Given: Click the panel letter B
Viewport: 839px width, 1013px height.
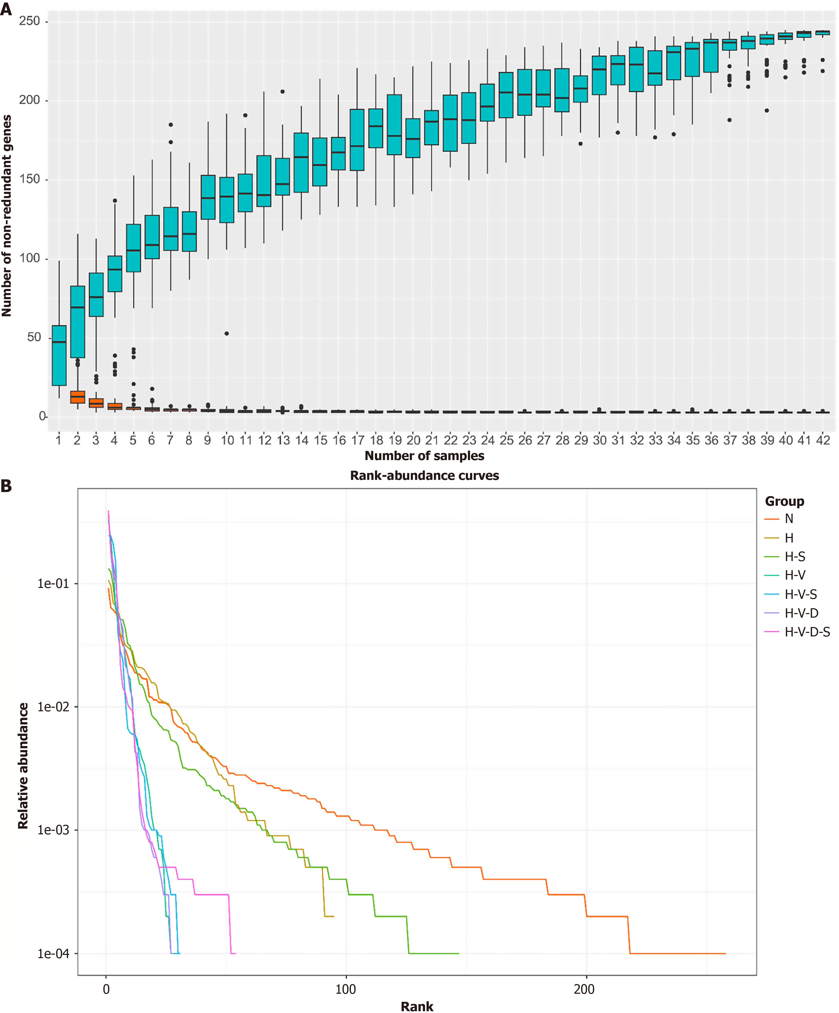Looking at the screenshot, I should tap(6, 486).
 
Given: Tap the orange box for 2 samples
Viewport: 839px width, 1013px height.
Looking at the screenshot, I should tap(78, 397).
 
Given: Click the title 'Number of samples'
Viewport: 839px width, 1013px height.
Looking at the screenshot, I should tap(424, 456).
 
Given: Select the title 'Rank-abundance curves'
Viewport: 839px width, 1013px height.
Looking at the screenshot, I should tap(424, 476).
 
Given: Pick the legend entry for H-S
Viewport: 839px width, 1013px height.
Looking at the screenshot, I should tap(795, 557).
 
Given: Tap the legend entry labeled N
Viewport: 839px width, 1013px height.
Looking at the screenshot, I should tap(789, 519).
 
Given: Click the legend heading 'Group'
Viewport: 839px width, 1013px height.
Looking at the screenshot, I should tap(784, 501).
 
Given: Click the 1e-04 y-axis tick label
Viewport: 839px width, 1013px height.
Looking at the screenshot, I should tap(54, 954).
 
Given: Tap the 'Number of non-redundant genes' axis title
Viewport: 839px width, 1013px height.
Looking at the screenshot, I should tap(7, 216).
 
